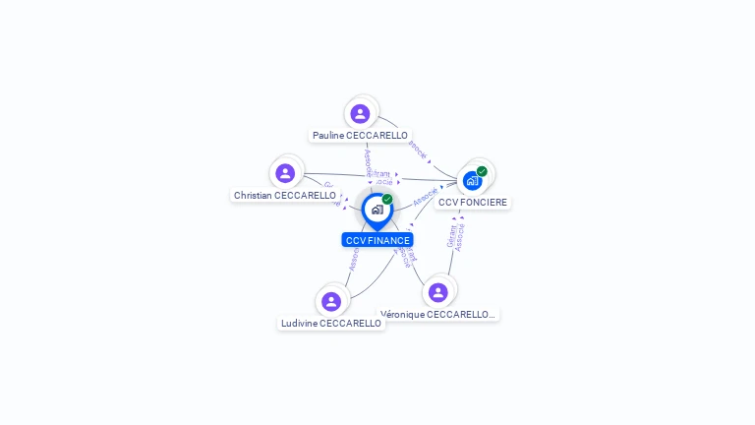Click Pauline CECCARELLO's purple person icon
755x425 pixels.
[x=360, y=113]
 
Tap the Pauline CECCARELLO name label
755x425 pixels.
[x=360, y=135]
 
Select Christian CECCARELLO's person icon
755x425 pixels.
[x=285, y=173]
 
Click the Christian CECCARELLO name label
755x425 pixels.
[x=285, y=195]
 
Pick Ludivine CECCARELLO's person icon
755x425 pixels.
[x=331, y=301]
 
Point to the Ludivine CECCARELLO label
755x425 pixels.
[x=331, y=323]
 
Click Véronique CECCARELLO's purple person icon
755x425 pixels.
[x=438, y=292]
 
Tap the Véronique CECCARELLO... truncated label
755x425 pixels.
[x=438, y=314]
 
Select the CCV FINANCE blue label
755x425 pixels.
[x=377, y=240]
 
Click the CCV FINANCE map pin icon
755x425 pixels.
[x=377, y=210]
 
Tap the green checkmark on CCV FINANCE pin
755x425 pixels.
[x=387, y=200]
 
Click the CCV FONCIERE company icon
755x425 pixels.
[x=472, y=181]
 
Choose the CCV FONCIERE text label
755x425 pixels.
[x=473, y=202]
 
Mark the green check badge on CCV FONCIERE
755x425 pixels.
[x=482, y=171]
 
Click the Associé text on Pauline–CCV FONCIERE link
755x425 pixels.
[x=419, y=152]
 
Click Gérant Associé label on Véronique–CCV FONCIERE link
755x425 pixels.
[x=455, y=236]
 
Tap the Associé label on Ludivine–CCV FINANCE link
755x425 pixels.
[x=354, y=258]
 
